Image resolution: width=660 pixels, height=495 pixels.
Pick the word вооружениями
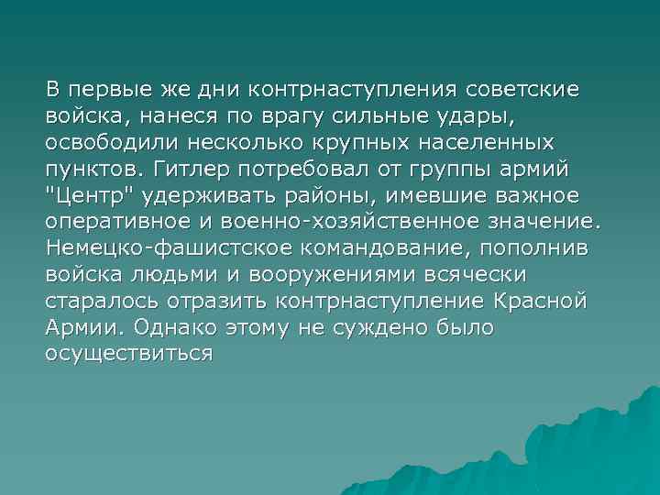click(360, 273)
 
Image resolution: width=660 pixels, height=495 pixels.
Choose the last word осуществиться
click(128, 351)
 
